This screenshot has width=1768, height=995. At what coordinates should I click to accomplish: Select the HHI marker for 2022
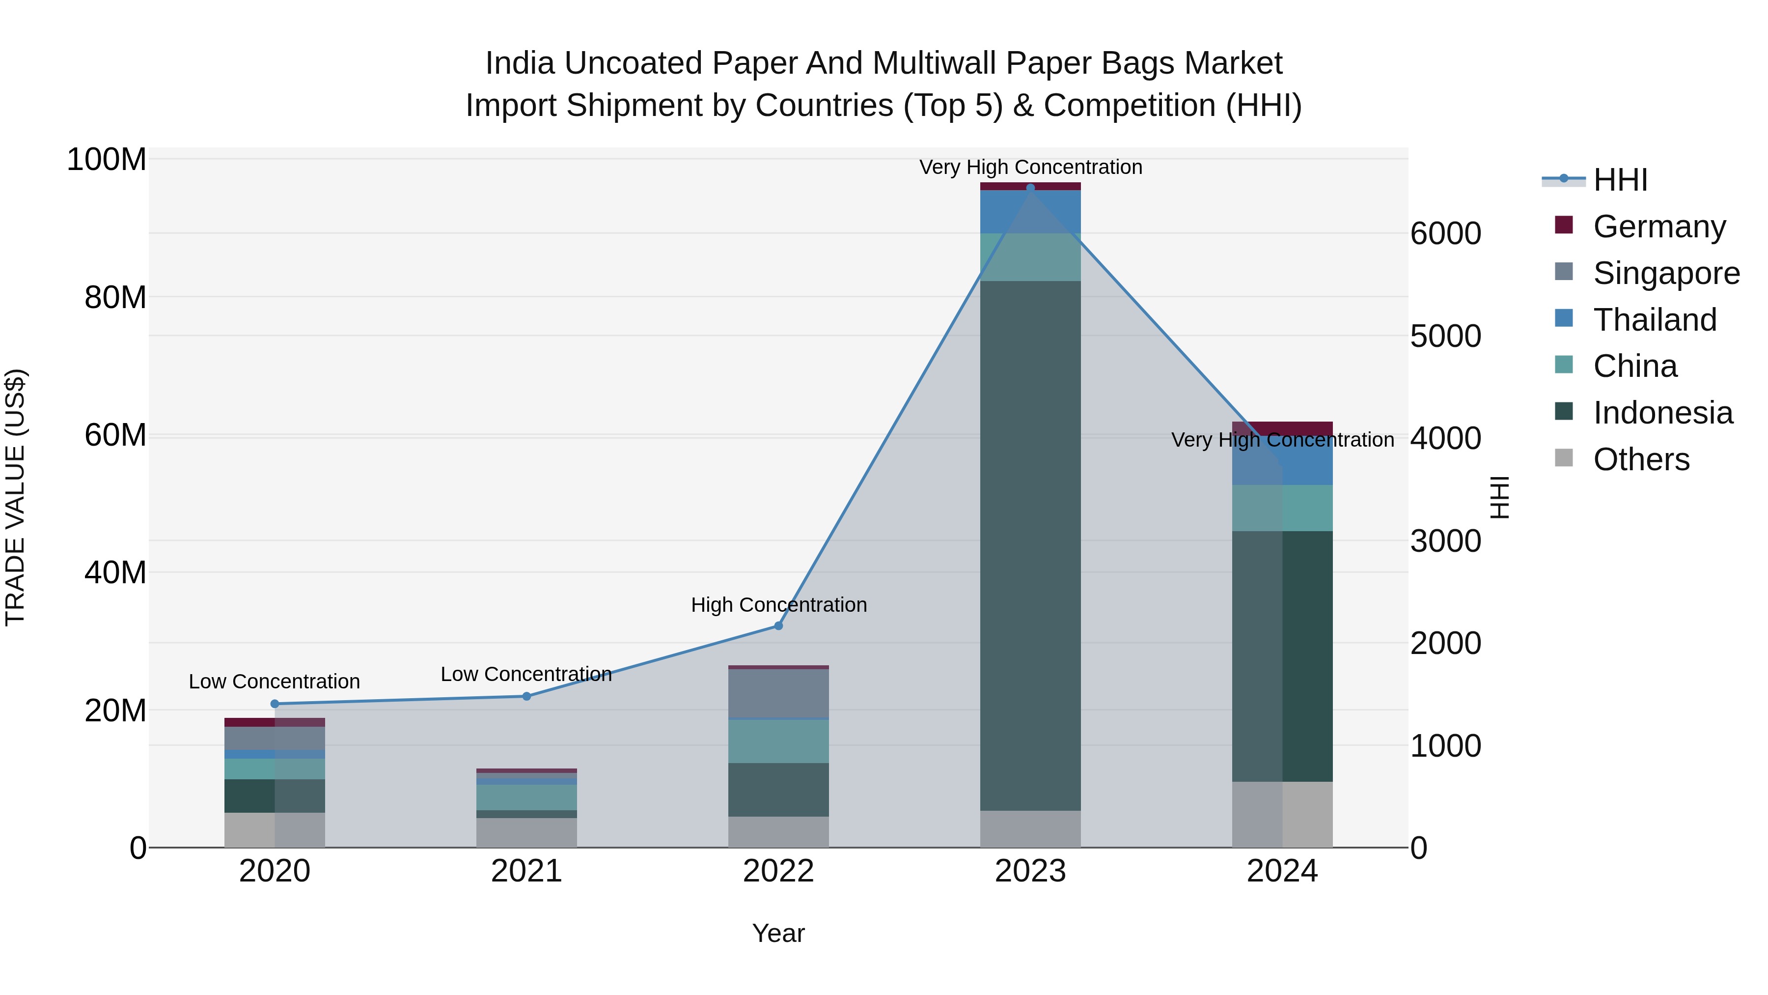click(x=778, y=625)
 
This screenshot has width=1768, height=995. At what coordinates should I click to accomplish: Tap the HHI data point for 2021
click(x=526, y=696)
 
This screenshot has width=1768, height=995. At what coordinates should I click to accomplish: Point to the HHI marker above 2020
click(x=275, y=704)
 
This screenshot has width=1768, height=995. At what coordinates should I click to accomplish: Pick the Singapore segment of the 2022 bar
click(x=778, y=693)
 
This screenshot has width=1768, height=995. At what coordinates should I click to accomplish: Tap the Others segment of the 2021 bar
click(x=526, y=832)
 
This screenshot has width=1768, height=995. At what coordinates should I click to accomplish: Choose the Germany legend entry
click(x=1659, y=227)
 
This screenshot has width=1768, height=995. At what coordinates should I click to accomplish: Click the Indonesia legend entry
click(x=1662, y=413)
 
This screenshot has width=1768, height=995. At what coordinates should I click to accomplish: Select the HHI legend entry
click(x=1620, y=180)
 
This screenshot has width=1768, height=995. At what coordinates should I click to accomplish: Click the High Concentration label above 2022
click(x=778, y=605)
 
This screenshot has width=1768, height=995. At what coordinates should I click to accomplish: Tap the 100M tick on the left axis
click(x=107, y=160)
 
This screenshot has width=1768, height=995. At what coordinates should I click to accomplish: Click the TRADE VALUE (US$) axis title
click(x=15, y=497)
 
